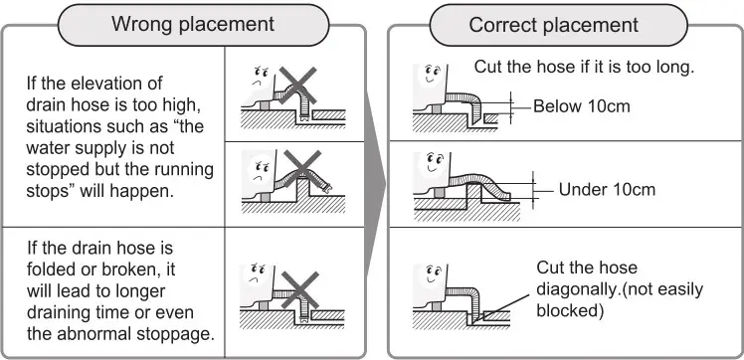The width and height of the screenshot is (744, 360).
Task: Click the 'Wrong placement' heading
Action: click(x=193, y=24)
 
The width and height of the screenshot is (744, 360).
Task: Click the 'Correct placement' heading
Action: click(x=554, y=25)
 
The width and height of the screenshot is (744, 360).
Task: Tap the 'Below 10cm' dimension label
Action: click(x=582, y=106)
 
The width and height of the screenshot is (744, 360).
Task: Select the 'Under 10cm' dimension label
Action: click(x=607, y=190)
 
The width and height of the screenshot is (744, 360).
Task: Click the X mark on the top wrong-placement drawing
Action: click(x=297, y=86)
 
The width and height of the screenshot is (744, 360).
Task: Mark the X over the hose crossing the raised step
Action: click(x=302, y=170)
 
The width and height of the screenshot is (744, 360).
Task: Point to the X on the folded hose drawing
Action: click(x=299, y=289)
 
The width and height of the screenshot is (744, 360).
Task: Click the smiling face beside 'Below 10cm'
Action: click(x=433, y=73)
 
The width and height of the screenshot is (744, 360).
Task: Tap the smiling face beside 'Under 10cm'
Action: click(x=434, y=161)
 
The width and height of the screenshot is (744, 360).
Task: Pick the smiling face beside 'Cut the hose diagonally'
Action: click(x=434, y=273)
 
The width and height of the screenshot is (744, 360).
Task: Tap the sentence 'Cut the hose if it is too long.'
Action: click(x=585, y=67)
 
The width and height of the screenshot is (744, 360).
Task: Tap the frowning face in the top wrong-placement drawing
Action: click(x=259, y=75)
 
